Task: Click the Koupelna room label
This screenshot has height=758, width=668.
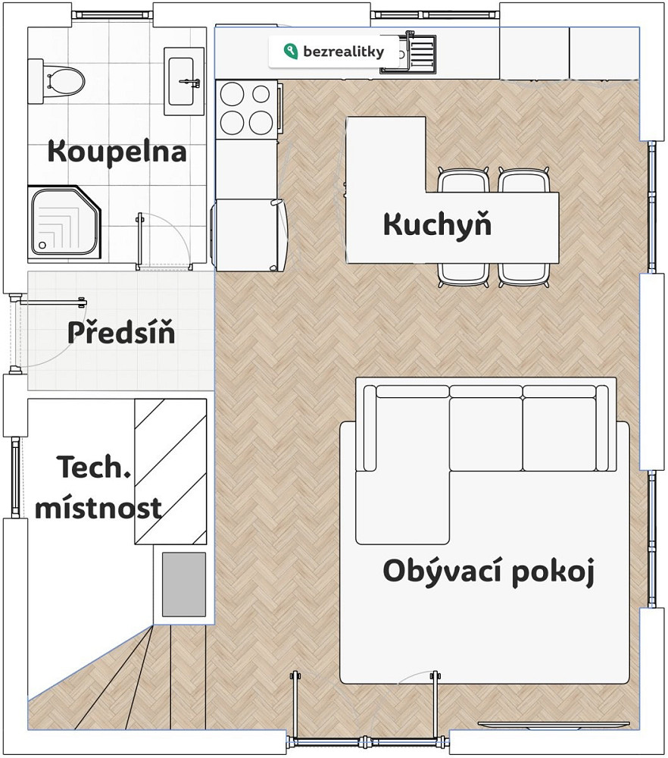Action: (x=117, y=152)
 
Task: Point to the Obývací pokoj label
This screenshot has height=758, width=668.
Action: (x=489, y=572)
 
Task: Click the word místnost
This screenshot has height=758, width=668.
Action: (x=98, y=508)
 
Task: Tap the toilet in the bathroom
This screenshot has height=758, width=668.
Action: (x=56, y=81)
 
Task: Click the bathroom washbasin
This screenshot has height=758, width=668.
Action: (x=183, y=81)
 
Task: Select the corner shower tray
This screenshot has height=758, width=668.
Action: (x=64, y=222)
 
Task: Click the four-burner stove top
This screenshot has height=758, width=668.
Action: (x=246, y=108)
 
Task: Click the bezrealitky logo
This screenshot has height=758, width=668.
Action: (x=334, y=52)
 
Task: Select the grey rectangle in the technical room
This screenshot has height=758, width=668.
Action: (x=184, y=584)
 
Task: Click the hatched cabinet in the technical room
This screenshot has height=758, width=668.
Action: (x=170, y=471)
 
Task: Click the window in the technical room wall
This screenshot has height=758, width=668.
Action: (x=16, y=478)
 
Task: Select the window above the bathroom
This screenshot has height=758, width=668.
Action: (x=112, y=14)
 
